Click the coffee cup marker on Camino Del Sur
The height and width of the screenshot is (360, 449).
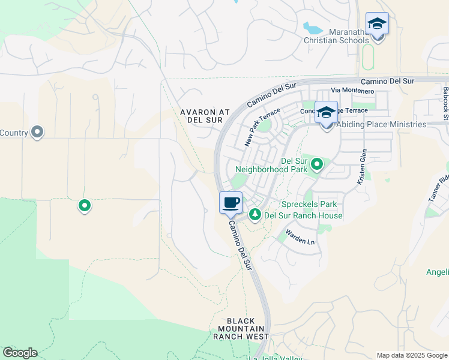(x=231, y=203)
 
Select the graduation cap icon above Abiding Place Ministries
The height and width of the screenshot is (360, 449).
(x=326, y=112)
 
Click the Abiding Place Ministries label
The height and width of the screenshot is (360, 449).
(x=381, y=125)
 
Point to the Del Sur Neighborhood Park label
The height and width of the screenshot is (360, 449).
(x=294, y=165)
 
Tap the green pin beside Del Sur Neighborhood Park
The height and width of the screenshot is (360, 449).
(x=316, y=163)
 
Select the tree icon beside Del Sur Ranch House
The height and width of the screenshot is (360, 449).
(x=255, y=214)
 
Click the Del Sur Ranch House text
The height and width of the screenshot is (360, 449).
(x=304, y=216)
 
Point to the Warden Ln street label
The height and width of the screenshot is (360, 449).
(x=300, y=236)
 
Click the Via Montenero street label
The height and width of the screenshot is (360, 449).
(x=352, y=91)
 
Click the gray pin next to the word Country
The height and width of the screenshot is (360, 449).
(x=37, y=131)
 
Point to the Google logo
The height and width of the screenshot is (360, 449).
(x=20, y=353)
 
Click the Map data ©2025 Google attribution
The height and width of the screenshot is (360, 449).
(x=412, y=355)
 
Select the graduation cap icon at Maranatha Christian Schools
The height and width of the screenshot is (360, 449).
(x=377, y=24)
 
